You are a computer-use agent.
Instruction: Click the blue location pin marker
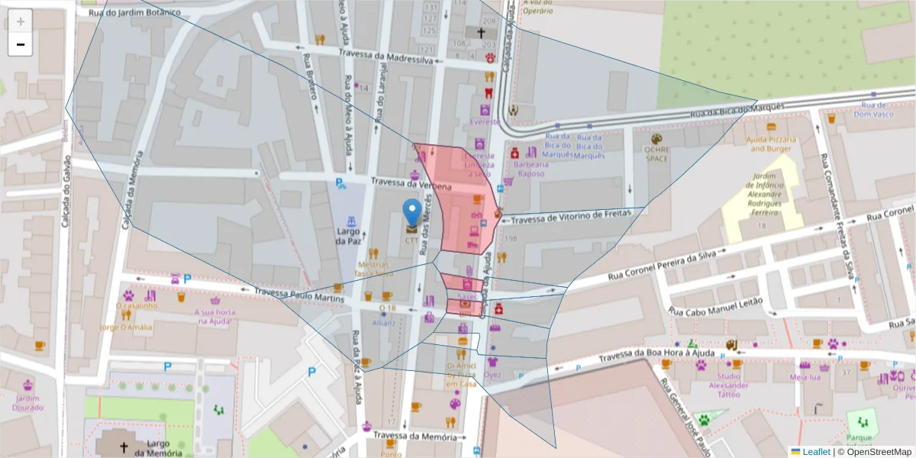[412, 213]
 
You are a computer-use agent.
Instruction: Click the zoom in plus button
[21, 21]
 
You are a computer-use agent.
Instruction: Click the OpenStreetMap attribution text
[878, 451]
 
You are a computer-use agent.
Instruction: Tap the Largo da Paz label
[348, 236]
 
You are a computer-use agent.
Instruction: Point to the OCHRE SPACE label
[656, 154]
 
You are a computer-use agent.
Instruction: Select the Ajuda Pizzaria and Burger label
[772, 144]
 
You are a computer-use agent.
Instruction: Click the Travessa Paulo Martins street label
[299, 294]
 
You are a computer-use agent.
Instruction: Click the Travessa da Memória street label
[416, 436]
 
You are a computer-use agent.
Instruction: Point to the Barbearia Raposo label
[531, 169]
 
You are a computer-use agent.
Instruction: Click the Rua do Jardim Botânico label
[135, 12]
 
